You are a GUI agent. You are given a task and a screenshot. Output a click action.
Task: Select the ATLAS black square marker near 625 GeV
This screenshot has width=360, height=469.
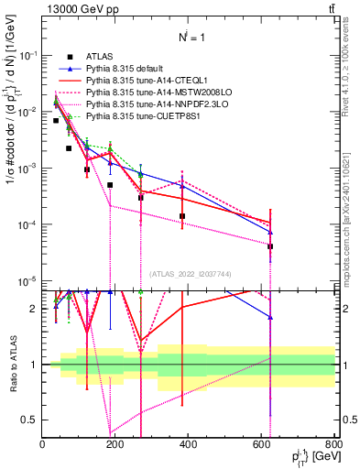pos(270,246)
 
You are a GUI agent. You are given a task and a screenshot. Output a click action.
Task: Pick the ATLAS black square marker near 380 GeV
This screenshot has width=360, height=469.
pos(182,216)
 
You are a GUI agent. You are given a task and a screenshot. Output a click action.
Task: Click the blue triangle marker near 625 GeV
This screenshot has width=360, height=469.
pos(270,233)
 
